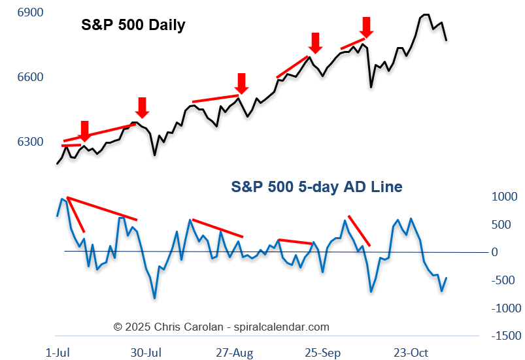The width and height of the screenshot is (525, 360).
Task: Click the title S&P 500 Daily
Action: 133,25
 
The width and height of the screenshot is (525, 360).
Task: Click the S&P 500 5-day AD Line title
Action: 316,187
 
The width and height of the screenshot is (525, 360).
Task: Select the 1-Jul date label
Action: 59,352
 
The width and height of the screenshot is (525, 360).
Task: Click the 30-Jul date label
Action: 146,352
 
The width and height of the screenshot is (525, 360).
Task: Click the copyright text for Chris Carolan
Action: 222,327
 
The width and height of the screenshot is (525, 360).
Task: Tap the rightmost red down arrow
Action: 366,27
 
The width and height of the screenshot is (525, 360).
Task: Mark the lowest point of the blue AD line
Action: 155,299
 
